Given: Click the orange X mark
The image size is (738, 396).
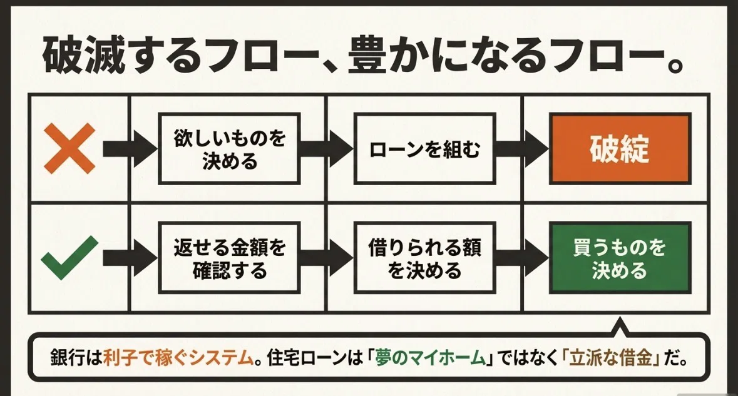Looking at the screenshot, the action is [69, 149].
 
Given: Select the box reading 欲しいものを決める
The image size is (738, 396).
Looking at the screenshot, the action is [229, 149].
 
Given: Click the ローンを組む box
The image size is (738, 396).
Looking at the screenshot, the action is [424, 149].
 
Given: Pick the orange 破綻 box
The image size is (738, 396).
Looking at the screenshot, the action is [620, 148].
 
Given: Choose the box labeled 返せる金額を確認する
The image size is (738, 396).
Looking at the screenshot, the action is [229, 258].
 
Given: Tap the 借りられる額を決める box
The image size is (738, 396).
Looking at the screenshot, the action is [424, 258].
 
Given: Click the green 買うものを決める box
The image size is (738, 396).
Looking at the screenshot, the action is [620, 258].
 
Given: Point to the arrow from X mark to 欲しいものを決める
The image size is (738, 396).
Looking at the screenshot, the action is [130, 149].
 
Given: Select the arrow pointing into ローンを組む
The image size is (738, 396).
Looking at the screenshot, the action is [327, 149].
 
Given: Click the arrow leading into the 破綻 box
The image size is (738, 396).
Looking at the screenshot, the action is [522, 149].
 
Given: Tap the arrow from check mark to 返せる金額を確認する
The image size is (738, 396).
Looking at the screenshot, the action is [130, 258].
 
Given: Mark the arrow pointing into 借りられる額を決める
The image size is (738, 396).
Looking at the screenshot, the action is [327, 258].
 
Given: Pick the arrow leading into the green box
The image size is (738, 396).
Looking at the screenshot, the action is [522, 258].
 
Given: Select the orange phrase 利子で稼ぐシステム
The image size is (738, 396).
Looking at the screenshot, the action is [178, 358].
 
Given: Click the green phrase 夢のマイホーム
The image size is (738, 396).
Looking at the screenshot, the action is [430, 358].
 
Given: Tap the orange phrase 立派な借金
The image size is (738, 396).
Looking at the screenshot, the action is [611, 358].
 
